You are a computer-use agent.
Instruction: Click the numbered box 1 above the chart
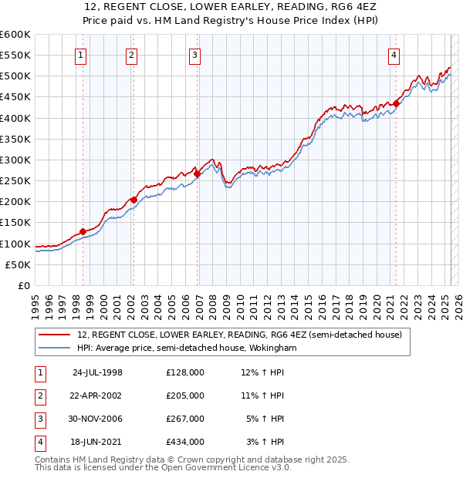[x=81, y=55]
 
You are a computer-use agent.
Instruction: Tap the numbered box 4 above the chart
[x=394, y=55]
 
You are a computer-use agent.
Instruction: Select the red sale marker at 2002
[x=133, y=200]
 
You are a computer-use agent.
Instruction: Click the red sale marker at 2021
[x=396, y=104]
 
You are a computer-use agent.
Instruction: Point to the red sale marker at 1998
[x=83, y=231]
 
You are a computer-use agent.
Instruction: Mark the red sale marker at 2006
[x=197, y=173]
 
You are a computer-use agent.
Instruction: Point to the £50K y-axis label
[x=18, y=264]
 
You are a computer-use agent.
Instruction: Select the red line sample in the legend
[x=54, y=335]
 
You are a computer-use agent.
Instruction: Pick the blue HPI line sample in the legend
[x=54, y=348]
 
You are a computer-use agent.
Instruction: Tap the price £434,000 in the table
[x=185, y=442]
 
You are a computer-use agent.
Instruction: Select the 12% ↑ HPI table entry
[x=263, y=372]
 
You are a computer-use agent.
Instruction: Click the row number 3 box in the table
[x=39, y=419]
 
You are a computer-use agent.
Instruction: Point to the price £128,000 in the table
[x=185, y=372]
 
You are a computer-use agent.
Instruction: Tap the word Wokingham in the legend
[x=271, y=348]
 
